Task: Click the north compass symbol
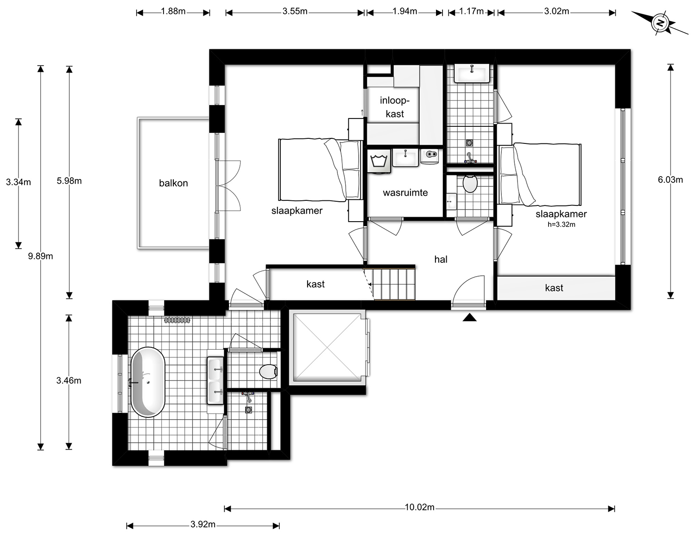pos(659,23)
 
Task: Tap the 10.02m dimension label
pos(419,507)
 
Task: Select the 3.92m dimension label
pos(203,524)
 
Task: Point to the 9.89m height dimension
pos(40,256)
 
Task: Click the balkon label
pos(173,183)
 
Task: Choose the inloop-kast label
pos(395,107)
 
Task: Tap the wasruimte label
pos(405,193)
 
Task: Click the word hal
pos(441,259)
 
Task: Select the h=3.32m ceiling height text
pos(561,224)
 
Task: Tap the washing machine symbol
pos(379,161)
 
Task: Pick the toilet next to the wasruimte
pos(470,183)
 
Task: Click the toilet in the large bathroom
pos(268,372)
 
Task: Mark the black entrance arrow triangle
pos(469,317)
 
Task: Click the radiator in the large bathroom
pos(177,320)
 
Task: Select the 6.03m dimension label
pos(670,180)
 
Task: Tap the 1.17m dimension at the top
pos(471,12)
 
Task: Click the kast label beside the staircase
pos(316,284)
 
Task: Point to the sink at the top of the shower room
pos(472,74)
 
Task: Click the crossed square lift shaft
pos(328,347)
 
